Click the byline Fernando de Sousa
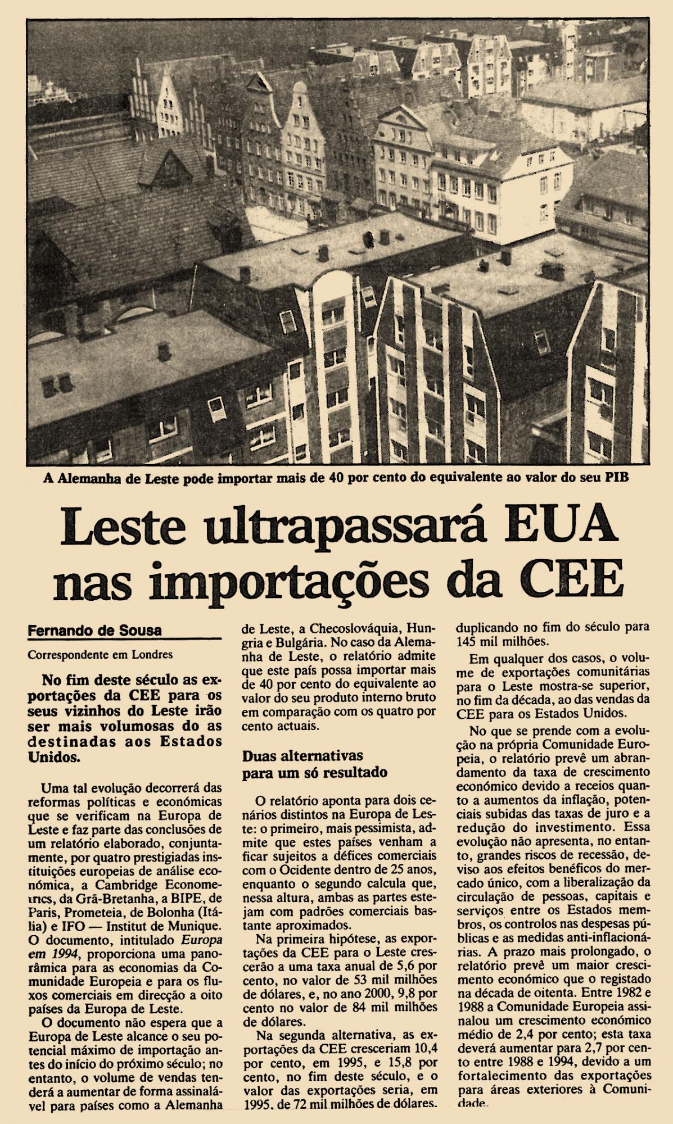pyautogui.click(x=95, y=630)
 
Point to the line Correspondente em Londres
pyautogui.click(x=100, y=655)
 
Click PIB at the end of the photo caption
pyautogui.click(x=616, y=478)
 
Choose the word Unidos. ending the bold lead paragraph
pyautogui.click(x=54, y=756)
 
